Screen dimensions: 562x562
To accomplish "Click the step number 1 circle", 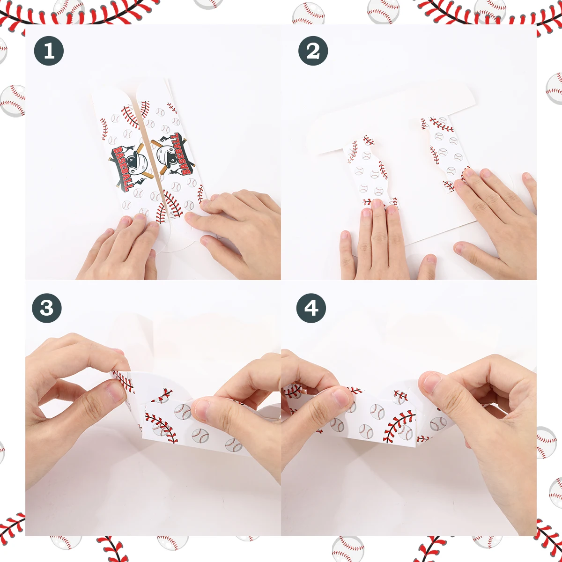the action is click(49, 51).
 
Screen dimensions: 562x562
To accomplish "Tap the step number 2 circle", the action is click(313, 51).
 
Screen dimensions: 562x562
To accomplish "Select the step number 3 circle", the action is click(47, 308).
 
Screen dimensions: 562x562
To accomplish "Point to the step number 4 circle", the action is click(311, 308).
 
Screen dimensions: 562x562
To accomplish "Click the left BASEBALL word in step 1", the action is click(120, 169).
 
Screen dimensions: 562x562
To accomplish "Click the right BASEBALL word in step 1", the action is click(181, 154).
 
